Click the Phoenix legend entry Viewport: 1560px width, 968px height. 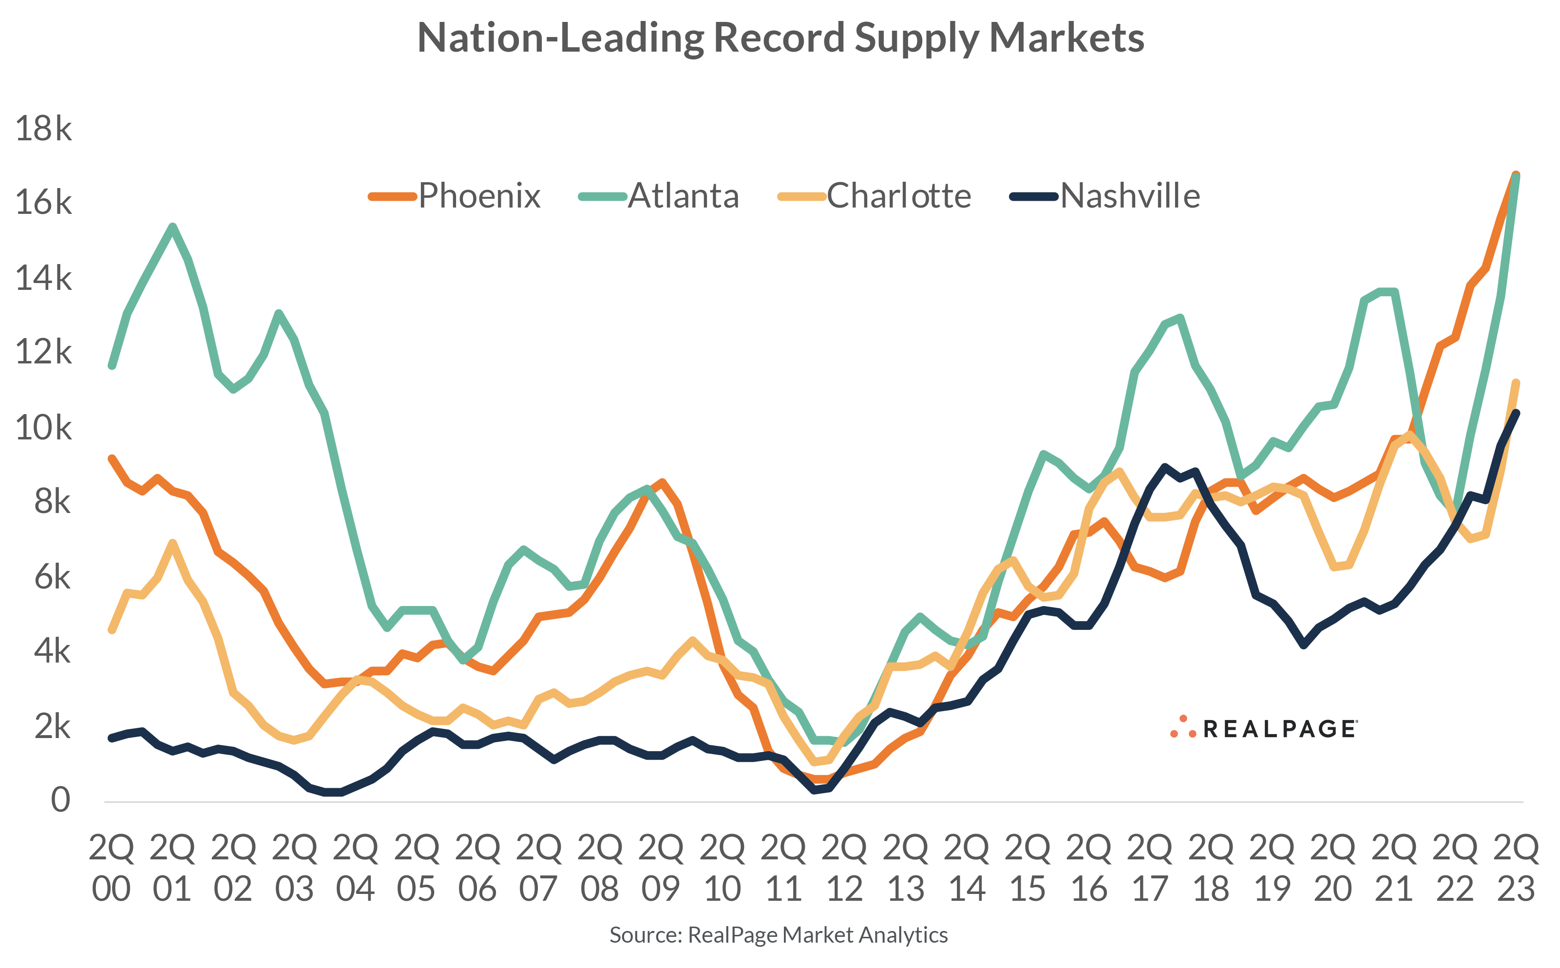pos(455,196)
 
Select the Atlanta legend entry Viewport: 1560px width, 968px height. pos(659,196)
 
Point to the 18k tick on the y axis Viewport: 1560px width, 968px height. pos(43,129)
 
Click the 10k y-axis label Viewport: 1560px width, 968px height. pos(43,428)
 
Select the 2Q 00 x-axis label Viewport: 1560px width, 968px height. pos(112,868)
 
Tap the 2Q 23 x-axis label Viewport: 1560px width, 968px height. pos(1516,868)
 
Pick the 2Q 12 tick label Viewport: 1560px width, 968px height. pos(844,868)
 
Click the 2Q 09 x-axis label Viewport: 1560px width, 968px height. pos(661,868)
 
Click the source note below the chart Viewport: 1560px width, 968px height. pos(779,935)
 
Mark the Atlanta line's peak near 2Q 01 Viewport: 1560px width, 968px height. pos(173,226)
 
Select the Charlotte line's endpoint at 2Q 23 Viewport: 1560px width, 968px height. pos(1516,383)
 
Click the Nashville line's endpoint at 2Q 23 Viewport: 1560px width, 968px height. pos(1516,413)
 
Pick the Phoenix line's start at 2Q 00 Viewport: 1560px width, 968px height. pos(112,458)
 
